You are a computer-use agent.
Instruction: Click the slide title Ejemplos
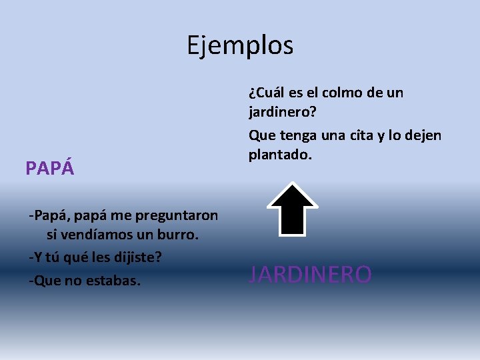[239, 45]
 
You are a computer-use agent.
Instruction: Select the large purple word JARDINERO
[310, 274]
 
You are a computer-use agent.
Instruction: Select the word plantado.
[280, 156]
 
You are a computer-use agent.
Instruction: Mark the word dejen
[422, 135]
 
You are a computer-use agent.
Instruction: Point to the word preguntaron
[176, 215]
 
